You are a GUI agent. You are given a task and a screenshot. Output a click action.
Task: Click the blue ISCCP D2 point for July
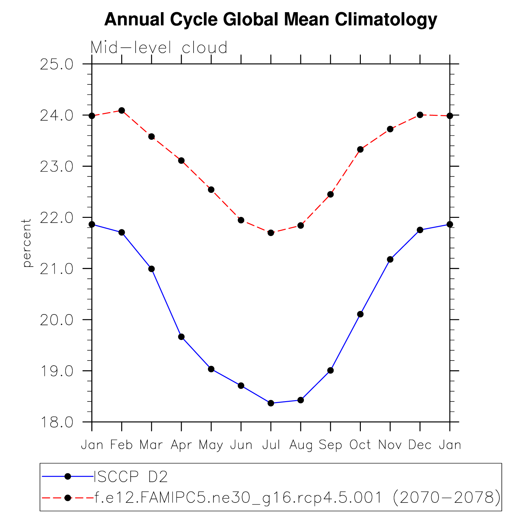(x=271, y=403)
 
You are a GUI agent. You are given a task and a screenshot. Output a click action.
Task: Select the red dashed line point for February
(x=122, y=111)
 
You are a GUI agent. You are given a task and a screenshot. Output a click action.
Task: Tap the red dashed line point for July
(x=271, y=233)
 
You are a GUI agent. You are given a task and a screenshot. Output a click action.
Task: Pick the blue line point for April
(x=181, y=337)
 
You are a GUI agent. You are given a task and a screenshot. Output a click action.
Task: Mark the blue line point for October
(x=360, y=314)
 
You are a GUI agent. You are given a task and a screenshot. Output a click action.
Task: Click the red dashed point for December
(x=420, y=115)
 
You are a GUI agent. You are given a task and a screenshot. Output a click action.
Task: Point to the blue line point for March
(x=152, y=269)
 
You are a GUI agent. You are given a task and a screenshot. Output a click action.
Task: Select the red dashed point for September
(x=330, y=194)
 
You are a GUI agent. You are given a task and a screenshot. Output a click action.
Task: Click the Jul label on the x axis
(x=271, y=445)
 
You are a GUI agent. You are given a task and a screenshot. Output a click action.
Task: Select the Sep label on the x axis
(x=330, y=445)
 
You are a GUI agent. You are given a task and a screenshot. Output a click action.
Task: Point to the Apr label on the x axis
(x=181, y=445)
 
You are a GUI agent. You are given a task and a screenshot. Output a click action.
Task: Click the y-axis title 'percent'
(x=27, y=243)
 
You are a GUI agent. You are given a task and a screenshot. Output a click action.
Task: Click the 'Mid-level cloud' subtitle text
(x=159, y=48)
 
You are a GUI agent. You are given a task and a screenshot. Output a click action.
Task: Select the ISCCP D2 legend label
(x=131, y=477)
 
